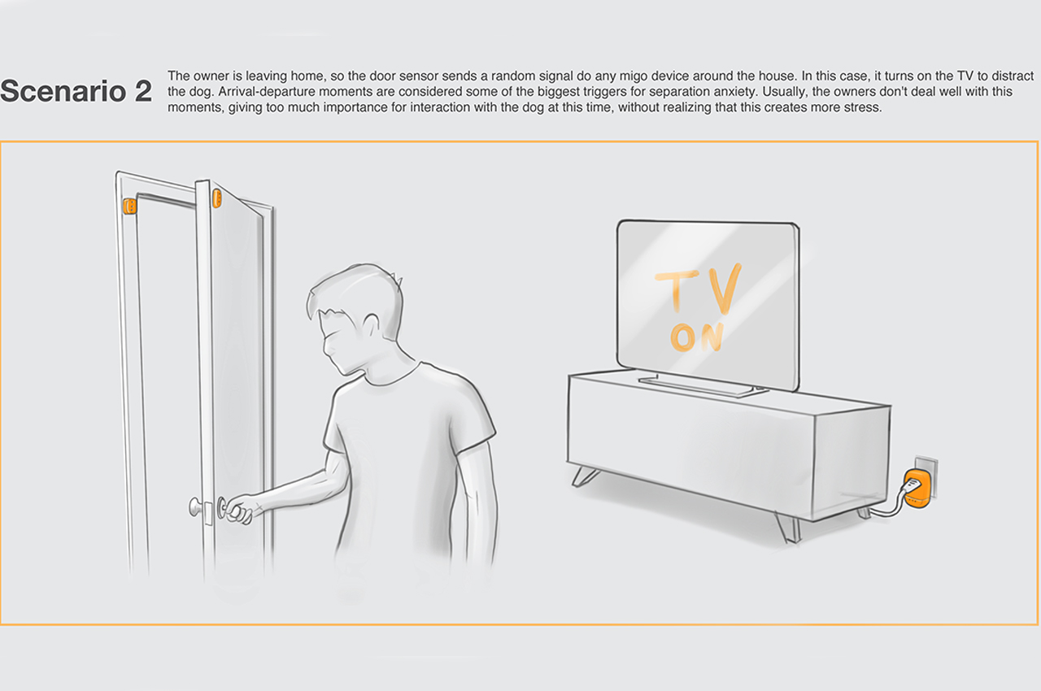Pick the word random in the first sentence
click(491, 76)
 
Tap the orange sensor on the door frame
click(128, 206)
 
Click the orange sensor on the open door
click(217, 198)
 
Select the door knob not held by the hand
click(197, 507)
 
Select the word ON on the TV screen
click(697, 336)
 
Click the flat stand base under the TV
click(698, 385)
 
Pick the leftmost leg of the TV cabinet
click(585, 476)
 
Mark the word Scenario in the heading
click(65, 92)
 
